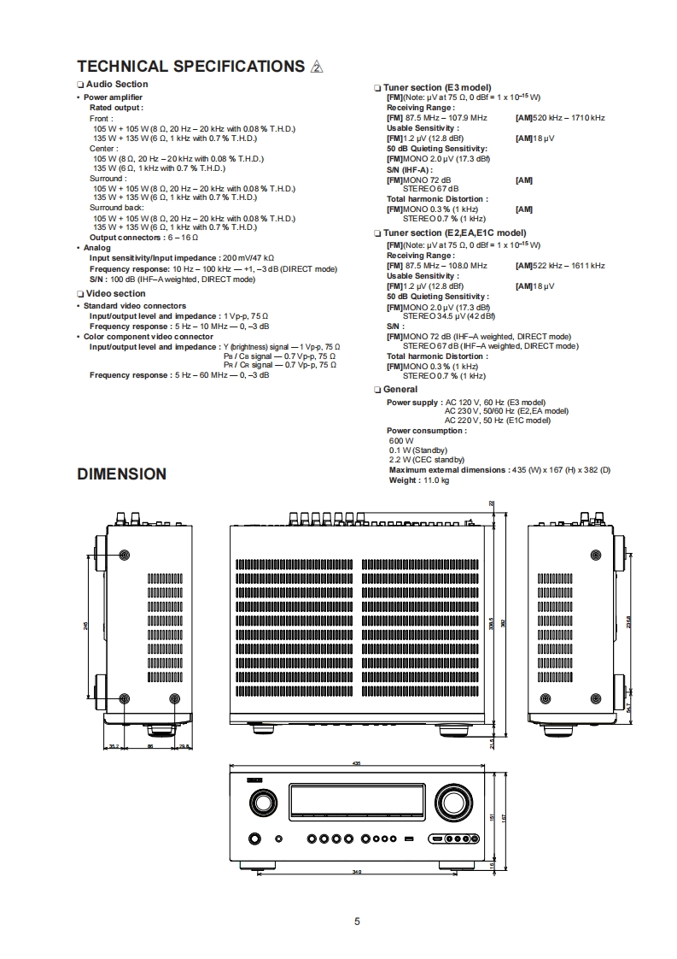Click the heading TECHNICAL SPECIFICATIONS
click(190, 67)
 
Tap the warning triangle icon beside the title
click(317, 68)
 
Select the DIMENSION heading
click(121, 474)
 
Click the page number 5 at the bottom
click(357, 921)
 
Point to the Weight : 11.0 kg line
click(418, 480)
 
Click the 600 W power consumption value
click(399, 440)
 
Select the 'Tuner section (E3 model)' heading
click(436, 87)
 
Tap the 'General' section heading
click(400, 390)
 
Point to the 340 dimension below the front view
click(357, 872)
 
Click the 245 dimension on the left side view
click(86, 626)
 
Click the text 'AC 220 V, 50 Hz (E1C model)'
click(498, 421)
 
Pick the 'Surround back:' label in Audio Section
click(117, 208)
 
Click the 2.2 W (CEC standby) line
click(421, 460)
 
